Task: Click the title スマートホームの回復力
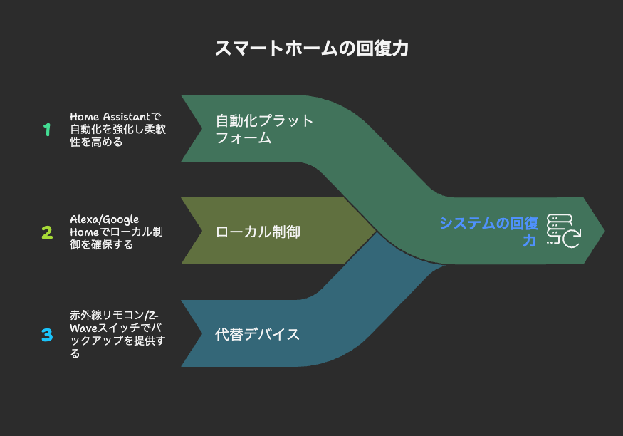tap(312, 48)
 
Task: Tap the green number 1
tap(47, 130)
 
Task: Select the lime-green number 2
tap(47, 232)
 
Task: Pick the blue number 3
tap(47, 335)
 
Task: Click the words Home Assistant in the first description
tap(110, 116)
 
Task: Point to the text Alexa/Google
tap(105, 219)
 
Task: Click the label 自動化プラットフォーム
tap(264, 129)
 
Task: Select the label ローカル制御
tap(258, 232)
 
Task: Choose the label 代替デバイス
tap(257, 334)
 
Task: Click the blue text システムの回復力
tap(488, 232)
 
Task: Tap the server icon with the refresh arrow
tap(563, 231)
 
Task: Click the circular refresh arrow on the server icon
tap(572, 239)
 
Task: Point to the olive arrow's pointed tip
tap(376, 231)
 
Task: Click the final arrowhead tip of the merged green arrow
tap(604, 231)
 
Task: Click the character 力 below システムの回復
tap(530, 240)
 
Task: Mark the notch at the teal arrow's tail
tap(201, 333)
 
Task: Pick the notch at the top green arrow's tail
tap(201, 128)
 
